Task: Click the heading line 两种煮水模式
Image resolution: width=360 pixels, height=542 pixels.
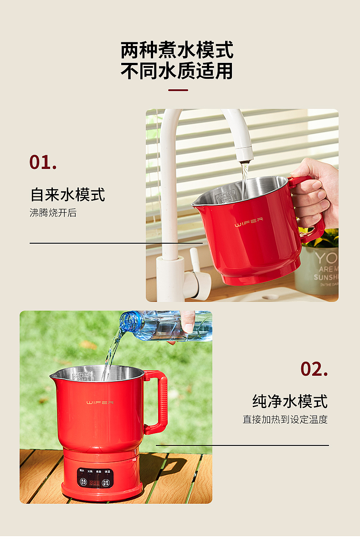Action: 177,50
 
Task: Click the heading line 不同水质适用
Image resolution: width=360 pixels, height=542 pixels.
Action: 177,71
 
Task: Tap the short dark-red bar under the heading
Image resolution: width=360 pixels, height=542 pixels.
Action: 178,90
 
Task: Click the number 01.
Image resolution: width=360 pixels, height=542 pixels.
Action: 43,163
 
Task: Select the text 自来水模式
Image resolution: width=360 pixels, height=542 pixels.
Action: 68,194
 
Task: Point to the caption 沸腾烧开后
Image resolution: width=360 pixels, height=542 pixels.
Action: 53,213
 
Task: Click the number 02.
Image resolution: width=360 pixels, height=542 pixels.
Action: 314,369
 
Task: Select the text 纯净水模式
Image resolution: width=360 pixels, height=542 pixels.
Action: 290,401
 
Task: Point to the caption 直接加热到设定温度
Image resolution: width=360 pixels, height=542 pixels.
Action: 285,419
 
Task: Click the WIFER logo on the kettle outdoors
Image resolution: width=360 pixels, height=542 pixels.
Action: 100,403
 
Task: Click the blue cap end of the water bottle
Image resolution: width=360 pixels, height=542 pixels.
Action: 128,321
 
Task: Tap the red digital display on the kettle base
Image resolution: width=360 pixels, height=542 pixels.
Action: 94,482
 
